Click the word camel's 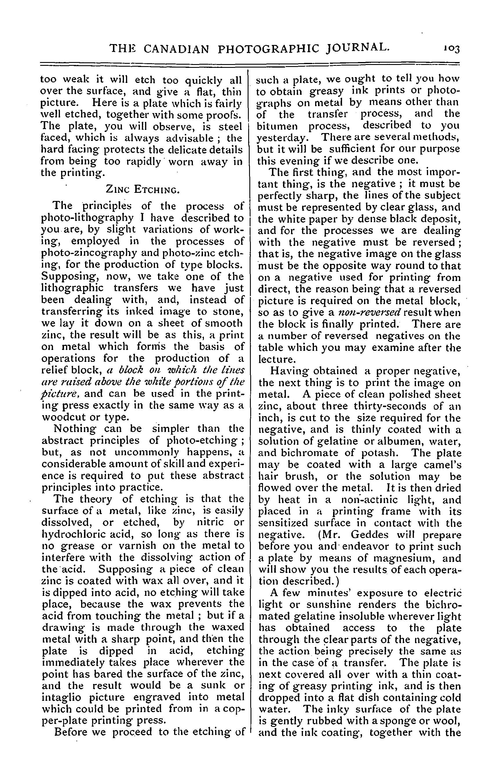pos(441,464)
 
